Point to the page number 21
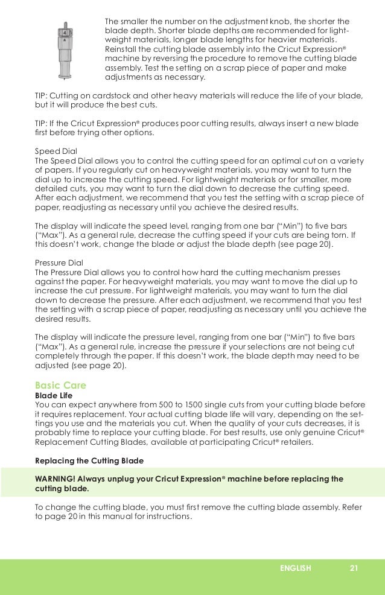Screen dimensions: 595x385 point(354,568)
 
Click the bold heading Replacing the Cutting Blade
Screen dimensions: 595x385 point(89,460)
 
